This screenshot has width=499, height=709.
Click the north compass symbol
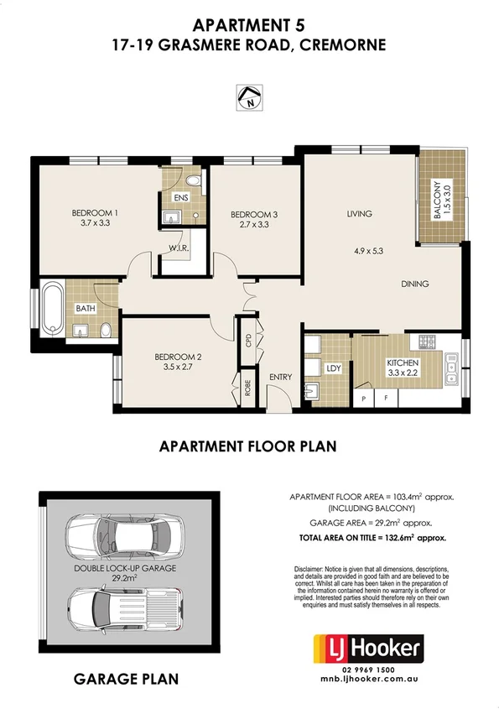click(x=249, y=97)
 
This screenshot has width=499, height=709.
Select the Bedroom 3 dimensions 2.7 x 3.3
click(x=253, y=224)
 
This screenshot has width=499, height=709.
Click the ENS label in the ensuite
click(x=181, y=198)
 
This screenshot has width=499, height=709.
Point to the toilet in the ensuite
click(x=194, y=181)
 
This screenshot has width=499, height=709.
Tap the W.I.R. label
click(x=179, y=248)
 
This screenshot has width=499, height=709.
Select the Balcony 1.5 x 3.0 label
click(x=442, y=201)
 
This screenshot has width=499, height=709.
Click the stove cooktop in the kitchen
click(x=426, y=341)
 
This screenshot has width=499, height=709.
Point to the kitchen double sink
click(x=451, y=368)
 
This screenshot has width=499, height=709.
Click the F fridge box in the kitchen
click(x=386, y=399)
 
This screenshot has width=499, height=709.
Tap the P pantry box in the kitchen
click(x=363, y=399)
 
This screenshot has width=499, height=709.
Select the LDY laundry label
click(x=334, y=368)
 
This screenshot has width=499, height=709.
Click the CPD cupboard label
click(x=248, y=341)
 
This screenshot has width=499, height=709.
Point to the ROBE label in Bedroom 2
click(x=247, y=388)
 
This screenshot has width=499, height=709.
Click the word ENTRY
click(x=281, y=377)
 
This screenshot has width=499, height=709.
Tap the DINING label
click(x=415, y=284)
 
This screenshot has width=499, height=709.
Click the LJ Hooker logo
click(x=369, y=649)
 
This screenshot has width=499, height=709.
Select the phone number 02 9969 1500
click(x=369, y=670)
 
